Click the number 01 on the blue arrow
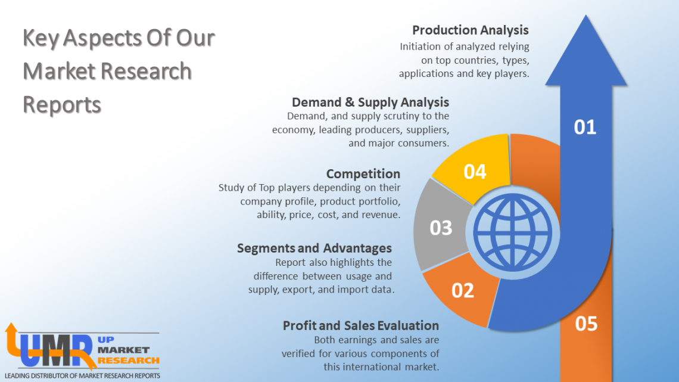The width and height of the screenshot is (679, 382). [x=584, y=127]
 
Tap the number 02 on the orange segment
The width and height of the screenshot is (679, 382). [x=463, y=290]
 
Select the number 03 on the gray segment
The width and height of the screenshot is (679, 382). [x=441, y=228]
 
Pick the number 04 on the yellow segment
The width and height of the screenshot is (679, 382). [x=475, y=172]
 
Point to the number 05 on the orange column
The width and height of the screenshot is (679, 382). [x=586, y=324]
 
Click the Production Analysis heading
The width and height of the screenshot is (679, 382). [x=470, y=30]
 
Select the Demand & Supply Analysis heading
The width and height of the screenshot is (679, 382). [x=370, y=102]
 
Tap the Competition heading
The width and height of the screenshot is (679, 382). [x=363, y=173]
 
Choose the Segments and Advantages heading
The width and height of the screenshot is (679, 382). [x=314, y=248]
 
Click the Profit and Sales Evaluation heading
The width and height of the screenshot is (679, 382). [x=361, y=325]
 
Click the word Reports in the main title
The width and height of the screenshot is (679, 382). [x=62, y=105]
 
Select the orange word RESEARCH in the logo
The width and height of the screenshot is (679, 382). [x=129, y=360]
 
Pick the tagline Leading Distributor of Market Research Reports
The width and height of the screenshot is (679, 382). [x=82, y=376]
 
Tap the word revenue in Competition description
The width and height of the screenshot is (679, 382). [x=379, y=215]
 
